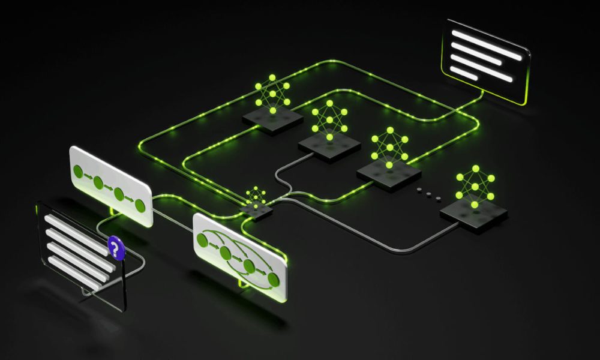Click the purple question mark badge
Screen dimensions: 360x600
[117, 248]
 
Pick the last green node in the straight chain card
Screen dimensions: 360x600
[140, 206]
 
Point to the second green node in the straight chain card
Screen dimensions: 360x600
[98, 182]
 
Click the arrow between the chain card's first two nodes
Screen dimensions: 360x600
[88, 177]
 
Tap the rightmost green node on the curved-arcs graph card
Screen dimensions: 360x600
[274, 279]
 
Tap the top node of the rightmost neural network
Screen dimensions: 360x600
[475, 169]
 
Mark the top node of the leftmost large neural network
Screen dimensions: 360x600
[272, 77]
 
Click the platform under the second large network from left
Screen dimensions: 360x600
[329, 144]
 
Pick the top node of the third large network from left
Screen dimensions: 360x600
[390, 130]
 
